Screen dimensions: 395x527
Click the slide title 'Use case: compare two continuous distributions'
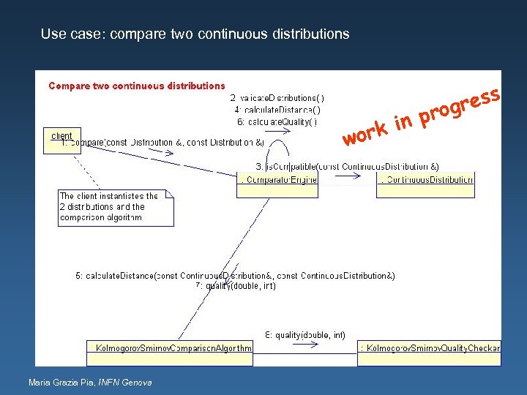(x=195, y=34)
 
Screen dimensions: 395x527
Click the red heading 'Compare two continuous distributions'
(x=137, y=86)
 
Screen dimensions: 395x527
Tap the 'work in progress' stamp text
(x=422, y=118)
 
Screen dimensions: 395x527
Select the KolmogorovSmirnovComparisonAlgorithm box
(x=170, y=348)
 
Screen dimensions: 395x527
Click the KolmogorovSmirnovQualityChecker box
(x=430, y=348)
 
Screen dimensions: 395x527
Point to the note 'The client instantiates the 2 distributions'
(x=116, y=207)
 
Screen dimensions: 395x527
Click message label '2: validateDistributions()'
(x=277, y=98)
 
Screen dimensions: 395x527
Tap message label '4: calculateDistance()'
(x=277, y=110)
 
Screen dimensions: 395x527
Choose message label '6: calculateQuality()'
(x=277, y=121)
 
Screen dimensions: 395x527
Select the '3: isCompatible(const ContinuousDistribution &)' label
(x=347, y=167)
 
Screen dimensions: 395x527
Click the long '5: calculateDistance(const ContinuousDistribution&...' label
(x=235, y=276)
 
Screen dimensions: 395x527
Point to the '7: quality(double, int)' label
(x=236, y=286)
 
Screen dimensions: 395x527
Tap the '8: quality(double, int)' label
(x=305, y=335)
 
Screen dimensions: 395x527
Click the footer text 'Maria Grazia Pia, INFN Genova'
(x=90, y=383)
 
